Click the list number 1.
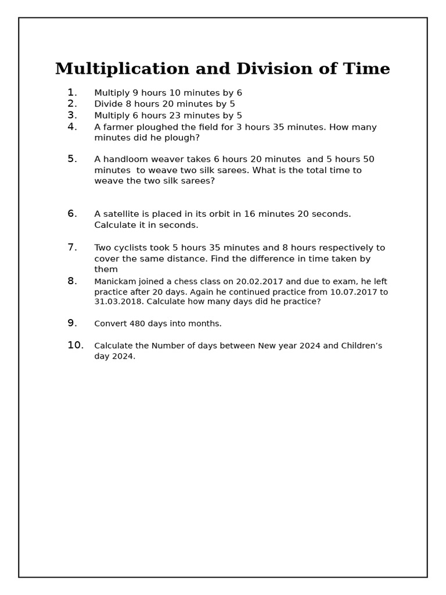point(72,92)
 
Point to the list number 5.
point(72,159)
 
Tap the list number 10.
point(75,345)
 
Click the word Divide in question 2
point(109,104)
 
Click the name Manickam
point(115,282)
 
